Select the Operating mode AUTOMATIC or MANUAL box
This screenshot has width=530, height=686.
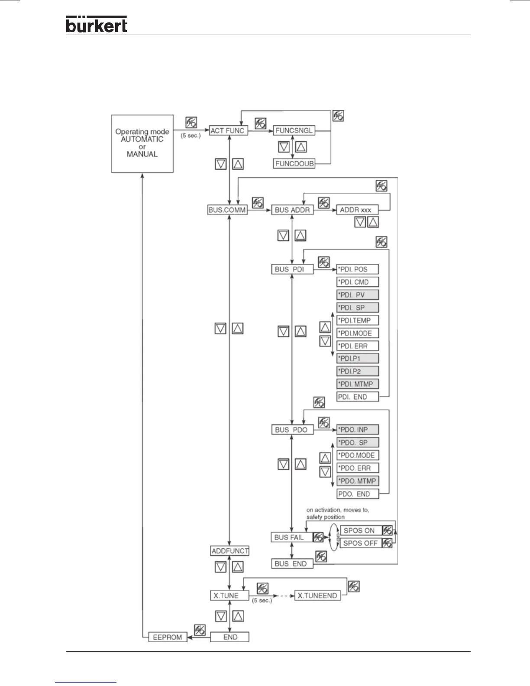[x=142, y=143]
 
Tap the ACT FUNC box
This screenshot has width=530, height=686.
[x=228, y=130]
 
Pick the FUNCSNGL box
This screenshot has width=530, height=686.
[x=294, y=130]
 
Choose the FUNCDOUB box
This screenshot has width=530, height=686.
[x=294, y=164]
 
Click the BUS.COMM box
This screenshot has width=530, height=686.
[x=227, y=210]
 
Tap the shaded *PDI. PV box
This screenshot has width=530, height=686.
[x=358, y=295]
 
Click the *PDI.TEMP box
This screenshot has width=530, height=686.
[x=358, y=320]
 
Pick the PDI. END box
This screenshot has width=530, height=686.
[x=358, y=397]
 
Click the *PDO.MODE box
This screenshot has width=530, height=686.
[x=358, y=455]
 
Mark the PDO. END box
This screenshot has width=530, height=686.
[x=358, y=494]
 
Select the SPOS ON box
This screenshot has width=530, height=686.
[x=361, y=530]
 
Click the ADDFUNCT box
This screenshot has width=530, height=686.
[x=230, y=551]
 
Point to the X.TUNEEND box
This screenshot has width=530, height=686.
[x=317, y=595]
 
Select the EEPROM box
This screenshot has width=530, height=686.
[x=168, y=637]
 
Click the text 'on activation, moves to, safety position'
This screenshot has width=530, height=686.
[x=338, y=513]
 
